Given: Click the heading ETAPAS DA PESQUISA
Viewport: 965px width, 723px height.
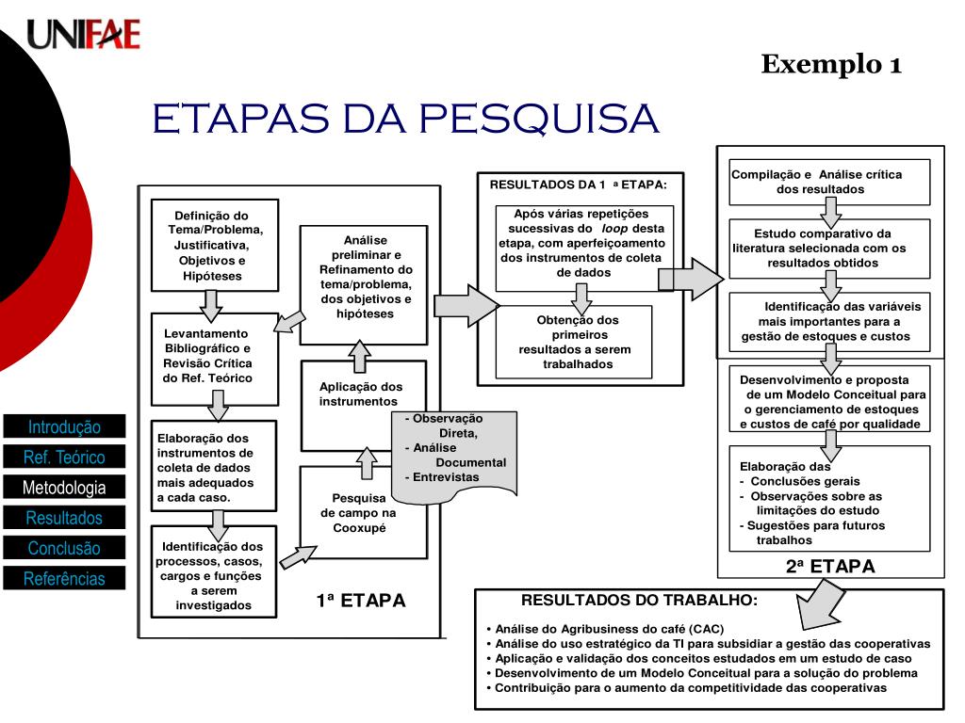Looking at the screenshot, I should click(x=406, y=120).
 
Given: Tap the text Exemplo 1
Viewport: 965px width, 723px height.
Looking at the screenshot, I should click(x=831, y=64).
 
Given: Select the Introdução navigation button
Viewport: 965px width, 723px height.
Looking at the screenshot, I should click(x=64, y=426).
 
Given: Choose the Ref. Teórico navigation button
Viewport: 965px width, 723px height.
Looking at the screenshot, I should click(x=64, y=458).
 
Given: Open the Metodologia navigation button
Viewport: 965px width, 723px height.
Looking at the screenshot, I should click(x=64, y=488).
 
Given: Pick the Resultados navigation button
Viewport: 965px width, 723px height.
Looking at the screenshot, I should click(x=64, y=518).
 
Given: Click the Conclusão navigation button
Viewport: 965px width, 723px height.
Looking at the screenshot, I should click(x=64, y=548).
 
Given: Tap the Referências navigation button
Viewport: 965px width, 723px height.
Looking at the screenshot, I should click(x=64, y=578).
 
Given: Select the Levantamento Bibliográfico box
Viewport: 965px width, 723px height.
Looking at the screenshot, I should click(x=215, y=355).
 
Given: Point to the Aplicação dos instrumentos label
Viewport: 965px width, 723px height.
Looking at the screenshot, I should click(x=361, y=394).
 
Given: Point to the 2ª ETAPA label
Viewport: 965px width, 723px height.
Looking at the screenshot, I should click(x=830, y=567).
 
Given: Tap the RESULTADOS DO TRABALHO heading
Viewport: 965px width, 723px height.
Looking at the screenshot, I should click(x=639, y=600).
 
